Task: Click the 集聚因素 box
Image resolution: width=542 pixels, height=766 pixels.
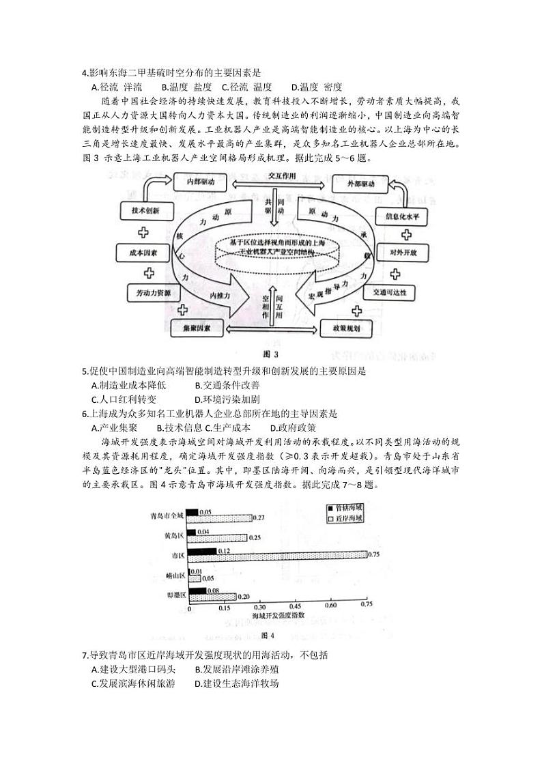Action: (x=197, y=328)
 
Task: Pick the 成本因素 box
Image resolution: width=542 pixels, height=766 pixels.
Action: (x=143, y=253)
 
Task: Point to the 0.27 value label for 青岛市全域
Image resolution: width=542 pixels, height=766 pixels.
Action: (x=258, y=518)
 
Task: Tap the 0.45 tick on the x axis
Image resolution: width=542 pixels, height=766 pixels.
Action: (x=295, y=606)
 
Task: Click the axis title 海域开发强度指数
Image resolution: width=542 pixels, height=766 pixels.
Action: (x=280, y=616)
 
